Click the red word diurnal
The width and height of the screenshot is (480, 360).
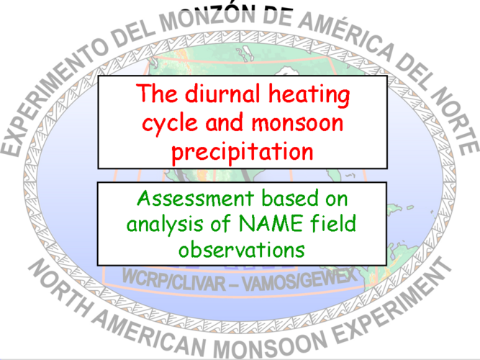pos(222,93)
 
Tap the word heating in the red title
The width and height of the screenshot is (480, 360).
pos(309,95)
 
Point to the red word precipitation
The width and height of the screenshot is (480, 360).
pos(243,152)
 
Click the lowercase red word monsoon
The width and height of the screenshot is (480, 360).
pos(297,123)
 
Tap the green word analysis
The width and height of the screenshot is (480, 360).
pos(165,225)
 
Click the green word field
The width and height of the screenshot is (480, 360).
pos(333,222)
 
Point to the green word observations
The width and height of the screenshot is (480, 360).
pos(242,249)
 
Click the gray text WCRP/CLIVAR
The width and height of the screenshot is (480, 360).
pos(174,280)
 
